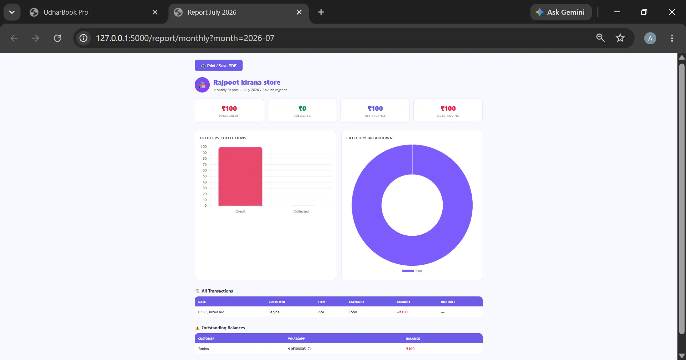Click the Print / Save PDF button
[x=219, y=65]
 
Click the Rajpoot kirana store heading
[x=247, y=82]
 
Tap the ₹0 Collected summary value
[x=302, y=109]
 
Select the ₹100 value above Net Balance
[x=375, y=109]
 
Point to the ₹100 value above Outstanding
[x=448, y=109]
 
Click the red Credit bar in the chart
[x=240, y=176]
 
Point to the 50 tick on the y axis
[x=205, y=176]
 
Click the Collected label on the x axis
[x=301, y=211]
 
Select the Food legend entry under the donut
[x=412, y=271]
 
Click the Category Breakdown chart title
[x=369, y=138]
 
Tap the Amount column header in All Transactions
[x=403, y=302]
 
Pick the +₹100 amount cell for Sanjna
[x=402, y=312]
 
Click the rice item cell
[x=321, y=312]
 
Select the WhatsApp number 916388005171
[x=300, y=349]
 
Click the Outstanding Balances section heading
[x=223, y=328]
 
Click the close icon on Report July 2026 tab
[x=299, y=12]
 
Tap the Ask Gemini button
[x=561, y=12]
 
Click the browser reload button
[x=58, y=38]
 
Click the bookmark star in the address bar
[x=620, y=38]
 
